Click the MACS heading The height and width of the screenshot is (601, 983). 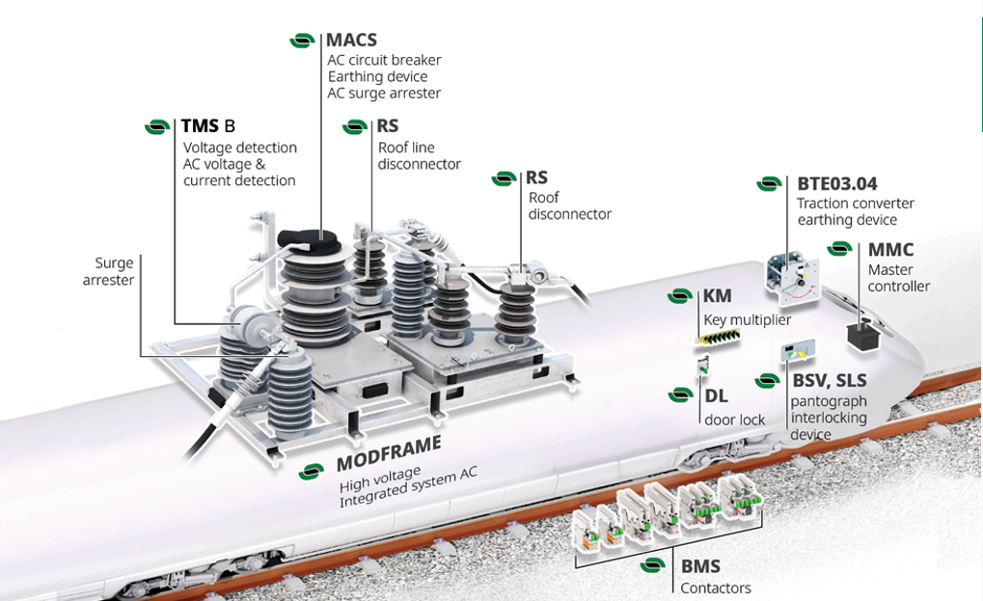(x=351, y=41)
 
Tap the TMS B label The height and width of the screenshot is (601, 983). (x=207, y=125)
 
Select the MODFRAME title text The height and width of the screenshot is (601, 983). (x=389, y=453)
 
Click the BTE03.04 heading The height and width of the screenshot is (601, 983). (x=836, y=183)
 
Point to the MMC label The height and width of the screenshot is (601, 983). (x=889, y=250)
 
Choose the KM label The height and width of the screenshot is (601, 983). (x=717, y=296)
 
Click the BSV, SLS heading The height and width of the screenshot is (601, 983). (x=829, y=381)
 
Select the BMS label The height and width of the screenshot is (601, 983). (x=700, y=566)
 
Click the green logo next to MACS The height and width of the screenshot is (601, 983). (x=303, y=41)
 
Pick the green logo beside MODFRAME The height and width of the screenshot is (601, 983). (x=311, y=472)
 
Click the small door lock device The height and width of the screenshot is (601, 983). (x=703, y=365)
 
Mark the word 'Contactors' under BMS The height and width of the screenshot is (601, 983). (x=715, y=588)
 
